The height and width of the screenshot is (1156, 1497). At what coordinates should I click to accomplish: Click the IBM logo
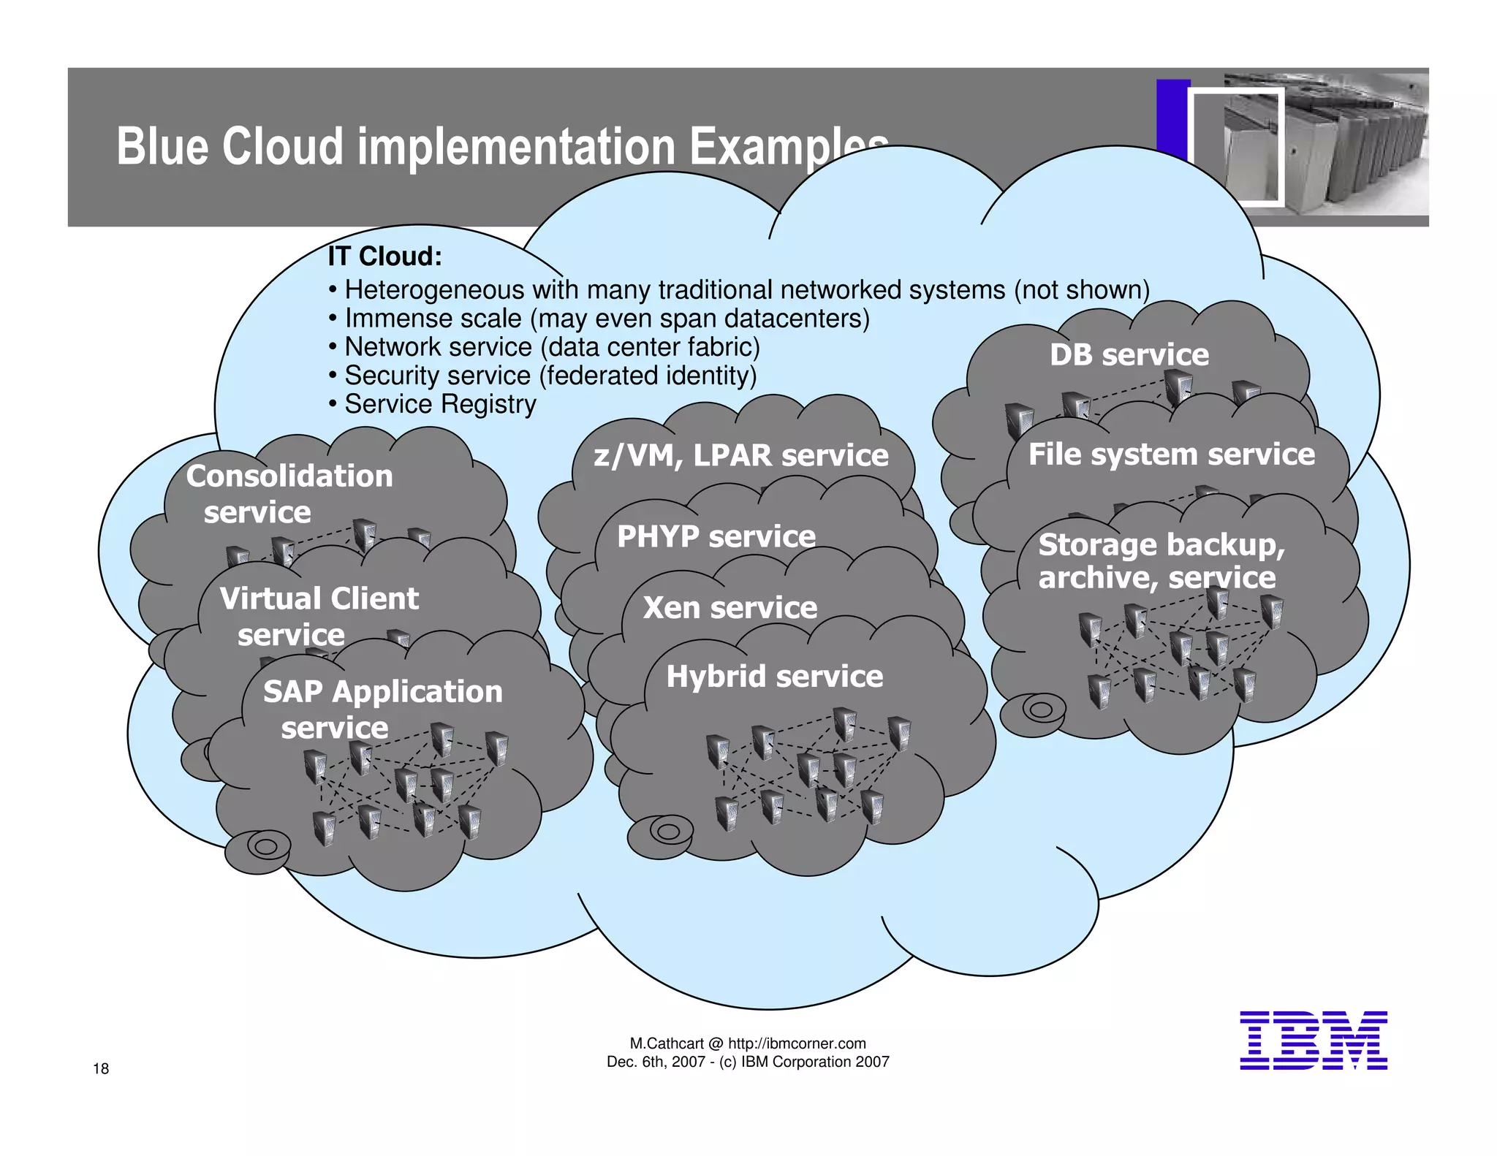pos(1313,1041)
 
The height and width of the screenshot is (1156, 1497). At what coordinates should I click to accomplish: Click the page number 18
pos(101,1068)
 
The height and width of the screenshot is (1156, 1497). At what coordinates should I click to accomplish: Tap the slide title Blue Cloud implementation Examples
pos(502,146)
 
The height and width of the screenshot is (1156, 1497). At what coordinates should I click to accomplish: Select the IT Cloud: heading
pos(384,256)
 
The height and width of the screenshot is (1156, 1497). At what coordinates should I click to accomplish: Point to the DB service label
pos(1129,355)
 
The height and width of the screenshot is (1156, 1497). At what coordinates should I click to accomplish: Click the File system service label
pos(1171,455)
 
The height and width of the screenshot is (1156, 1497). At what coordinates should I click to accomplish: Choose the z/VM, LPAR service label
pos(740,455)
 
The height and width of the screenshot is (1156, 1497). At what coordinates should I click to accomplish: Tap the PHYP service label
pos(716,536)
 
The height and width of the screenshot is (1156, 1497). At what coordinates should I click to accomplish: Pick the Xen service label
pos(729,608)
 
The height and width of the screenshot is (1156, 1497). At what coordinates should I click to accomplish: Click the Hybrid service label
pos(774,677)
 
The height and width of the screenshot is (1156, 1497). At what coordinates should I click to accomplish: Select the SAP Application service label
pos(382,709)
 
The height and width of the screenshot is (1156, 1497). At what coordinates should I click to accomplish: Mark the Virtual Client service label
pos(319,616)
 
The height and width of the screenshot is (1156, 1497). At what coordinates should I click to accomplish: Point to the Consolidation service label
pos(289,493)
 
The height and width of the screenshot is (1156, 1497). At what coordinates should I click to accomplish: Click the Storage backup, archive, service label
pos(1161,561)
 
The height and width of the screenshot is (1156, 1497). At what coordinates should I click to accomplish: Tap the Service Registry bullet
pos(440,404)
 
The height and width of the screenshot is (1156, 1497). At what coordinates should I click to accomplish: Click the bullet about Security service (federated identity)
pos(550,376)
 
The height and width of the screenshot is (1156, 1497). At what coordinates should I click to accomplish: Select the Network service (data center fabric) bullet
pos(552,347)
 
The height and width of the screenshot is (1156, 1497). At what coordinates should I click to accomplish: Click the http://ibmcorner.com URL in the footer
pos(797,1043)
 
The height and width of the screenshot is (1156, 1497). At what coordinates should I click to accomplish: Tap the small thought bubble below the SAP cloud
pos(258,850)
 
